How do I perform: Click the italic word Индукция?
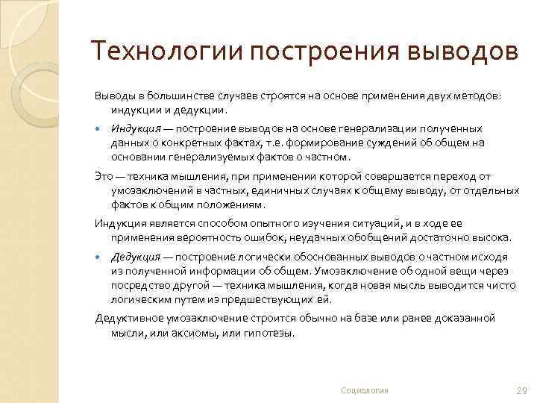tap(135, 128)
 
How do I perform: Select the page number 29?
tap(521, 390)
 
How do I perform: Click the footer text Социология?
tap(364, 390)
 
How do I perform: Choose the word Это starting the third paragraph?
tap(103, 176)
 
